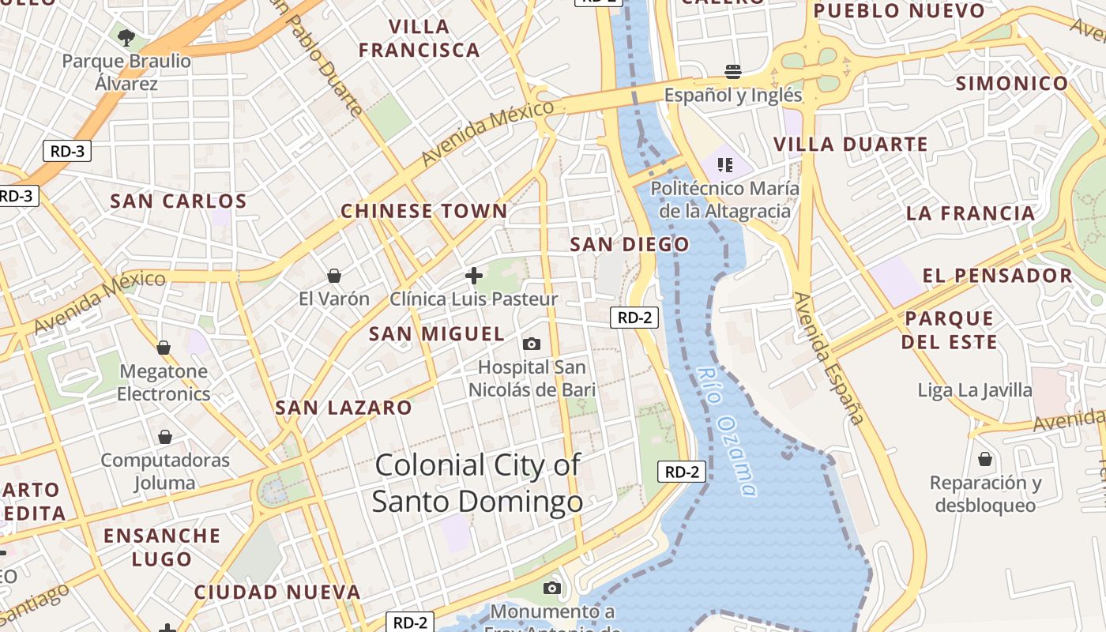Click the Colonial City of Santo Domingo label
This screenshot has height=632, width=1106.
click(x=477, y=483)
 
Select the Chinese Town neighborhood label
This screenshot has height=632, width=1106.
click(x=424, y=211)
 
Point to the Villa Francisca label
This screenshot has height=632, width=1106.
click(x=419, y=38)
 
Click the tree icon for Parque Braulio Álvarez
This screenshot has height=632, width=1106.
click(x=126, y=37)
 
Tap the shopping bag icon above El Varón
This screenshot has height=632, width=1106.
click(x=334, y=276)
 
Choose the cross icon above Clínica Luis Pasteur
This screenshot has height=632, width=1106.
click(x=474, y=276)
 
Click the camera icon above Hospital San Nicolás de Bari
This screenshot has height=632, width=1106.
click(x=532, y=344)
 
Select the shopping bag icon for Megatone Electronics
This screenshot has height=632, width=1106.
click(x=164, y=348)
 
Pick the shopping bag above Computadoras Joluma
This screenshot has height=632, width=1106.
click(x=165, y=437)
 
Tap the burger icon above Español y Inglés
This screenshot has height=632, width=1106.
click(x=732, y=72)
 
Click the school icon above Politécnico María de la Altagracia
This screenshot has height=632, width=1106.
click(x=724, y=165)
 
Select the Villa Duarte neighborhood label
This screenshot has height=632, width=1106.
click(x=851, y=145)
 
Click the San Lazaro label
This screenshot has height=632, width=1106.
click(x=344, y=408)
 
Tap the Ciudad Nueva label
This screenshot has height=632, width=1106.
click(x=277, y=592)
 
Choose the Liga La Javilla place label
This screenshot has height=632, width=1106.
click(x=975, y=390)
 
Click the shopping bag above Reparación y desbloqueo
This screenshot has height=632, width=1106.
click(x=985, y=459)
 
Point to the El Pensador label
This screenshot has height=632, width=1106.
click(x=998, y=276)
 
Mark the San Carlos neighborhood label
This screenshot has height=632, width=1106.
click(x=179, y=201)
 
